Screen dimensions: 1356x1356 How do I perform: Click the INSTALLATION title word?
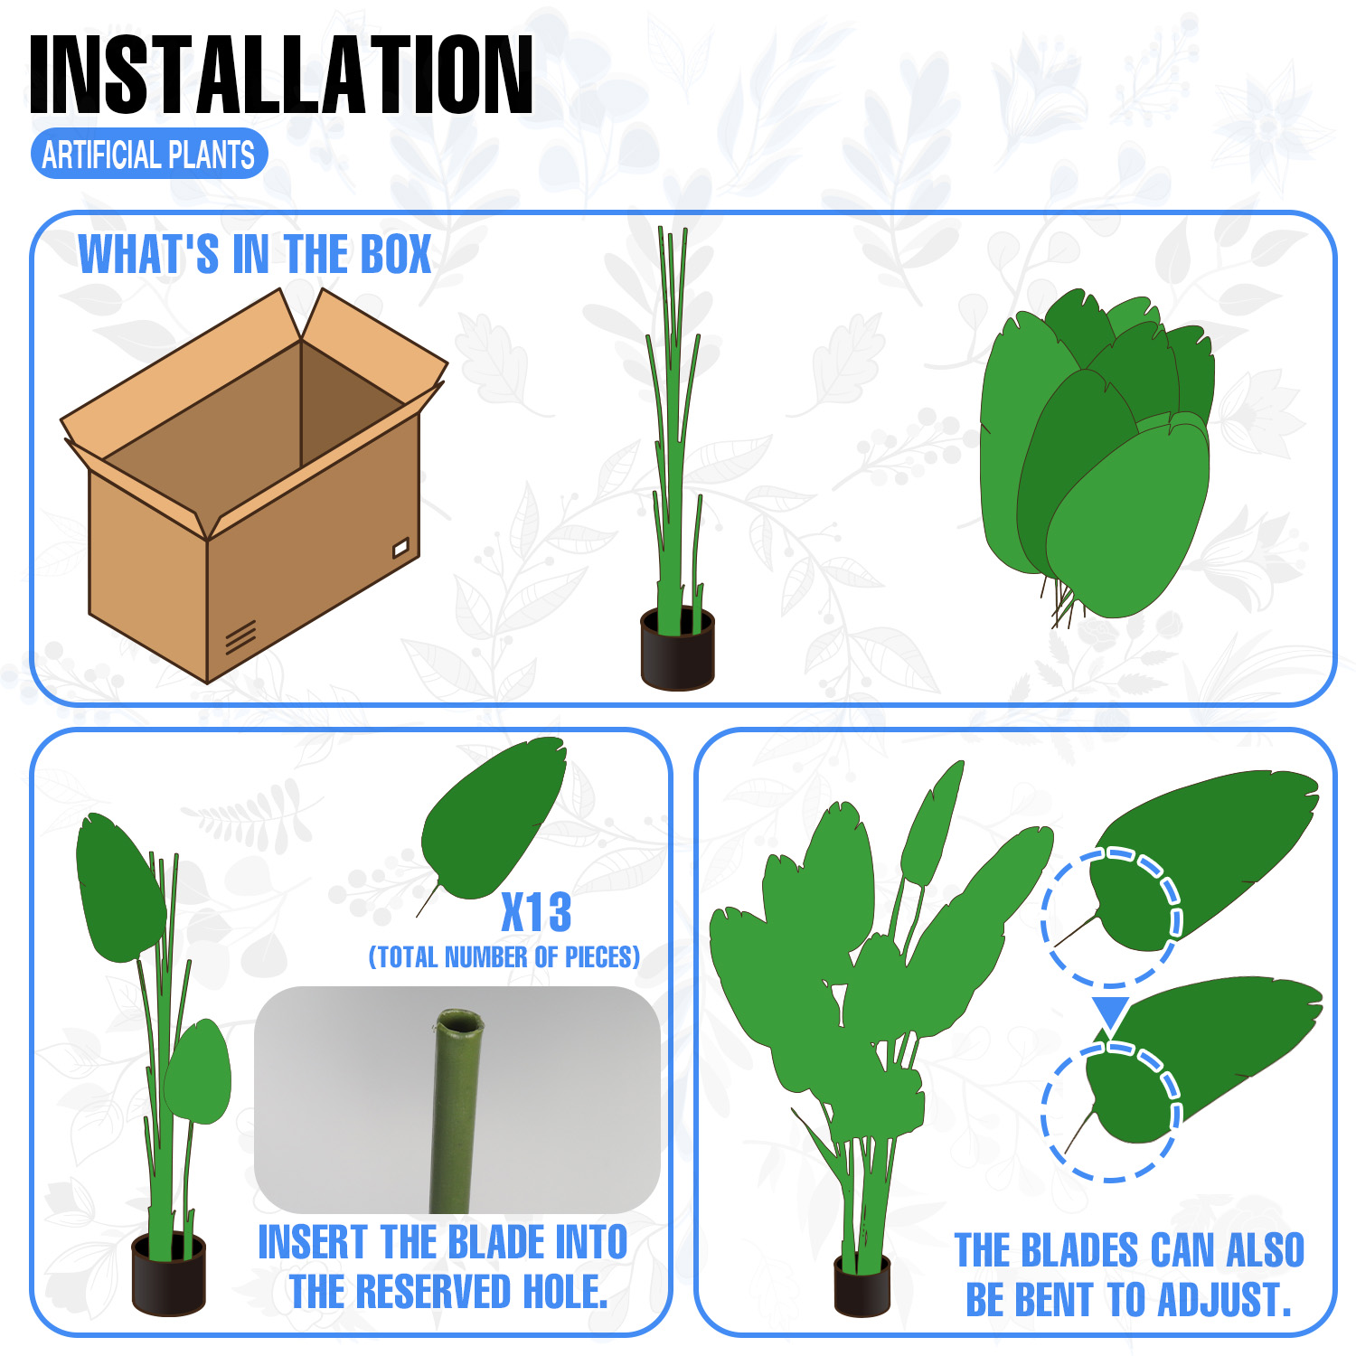(281, 75)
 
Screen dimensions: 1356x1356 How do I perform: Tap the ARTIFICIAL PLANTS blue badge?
(149, 155)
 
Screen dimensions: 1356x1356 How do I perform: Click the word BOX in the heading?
(395, 254)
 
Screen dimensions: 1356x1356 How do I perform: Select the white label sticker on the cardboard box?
(400, 546)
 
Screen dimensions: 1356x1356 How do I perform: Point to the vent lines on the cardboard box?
(240, 636)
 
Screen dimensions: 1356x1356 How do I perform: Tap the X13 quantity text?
(537, 912)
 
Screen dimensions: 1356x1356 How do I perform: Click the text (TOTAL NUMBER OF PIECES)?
(504, 956)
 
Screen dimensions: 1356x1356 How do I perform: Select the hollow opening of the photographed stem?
(459, 1022)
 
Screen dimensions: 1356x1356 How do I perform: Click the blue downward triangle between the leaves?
(1109, 1012)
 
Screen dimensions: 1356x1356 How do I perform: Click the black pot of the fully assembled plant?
(862, 1284)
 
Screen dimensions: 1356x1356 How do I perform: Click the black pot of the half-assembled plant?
(169, 1273)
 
